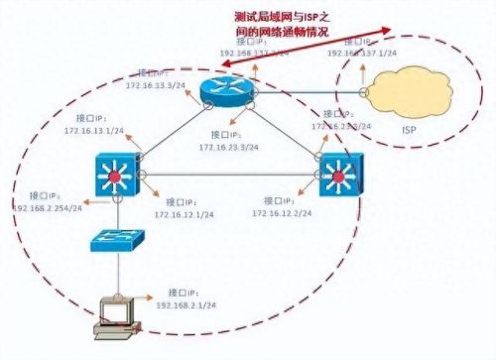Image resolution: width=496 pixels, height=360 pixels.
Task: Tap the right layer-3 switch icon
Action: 337,177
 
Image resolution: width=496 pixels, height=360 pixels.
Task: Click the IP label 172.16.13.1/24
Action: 94,129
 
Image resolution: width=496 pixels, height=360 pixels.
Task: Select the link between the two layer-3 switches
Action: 228,178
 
